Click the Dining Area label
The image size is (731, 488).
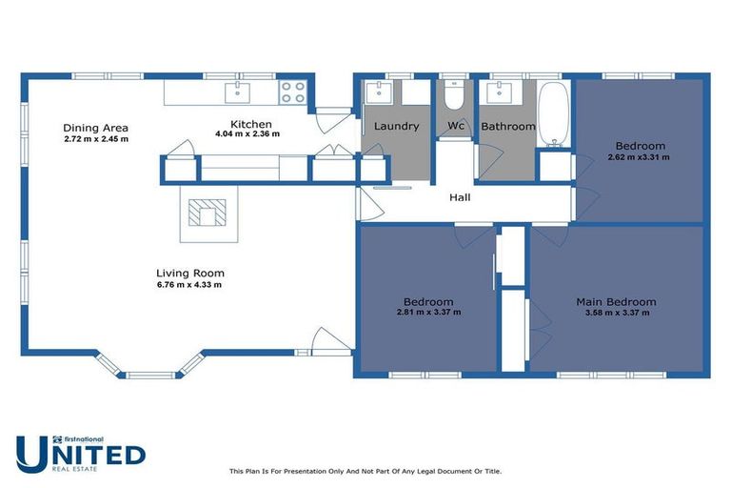(x=95, y=128)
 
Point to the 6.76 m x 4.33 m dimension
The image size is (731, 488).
(x=190, y=285)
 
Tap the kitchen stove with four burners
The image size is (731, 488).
(x=292, y=92)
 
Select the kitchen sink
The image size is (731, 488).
(x=236, y=91)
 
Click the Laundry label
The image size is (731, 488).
(x=396, y=126)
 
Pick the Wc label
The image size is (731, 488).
(x=455, y=126)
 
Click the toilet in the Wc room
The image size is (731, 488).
(x=454, y=97)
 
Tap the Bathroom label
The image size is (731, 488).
(x=507, y=126)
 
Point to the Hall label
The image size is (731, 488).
(x=461, y=198)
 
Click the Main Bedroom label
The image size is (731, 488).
(x=616, y=302)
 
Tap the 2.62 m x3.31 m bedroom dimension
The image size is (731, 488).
(x=639, y=157)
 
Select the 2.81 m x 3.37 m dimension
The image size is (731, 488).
(x=428, y=312)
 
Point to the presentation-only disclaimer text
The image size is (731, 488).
(x=365, y=471)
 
